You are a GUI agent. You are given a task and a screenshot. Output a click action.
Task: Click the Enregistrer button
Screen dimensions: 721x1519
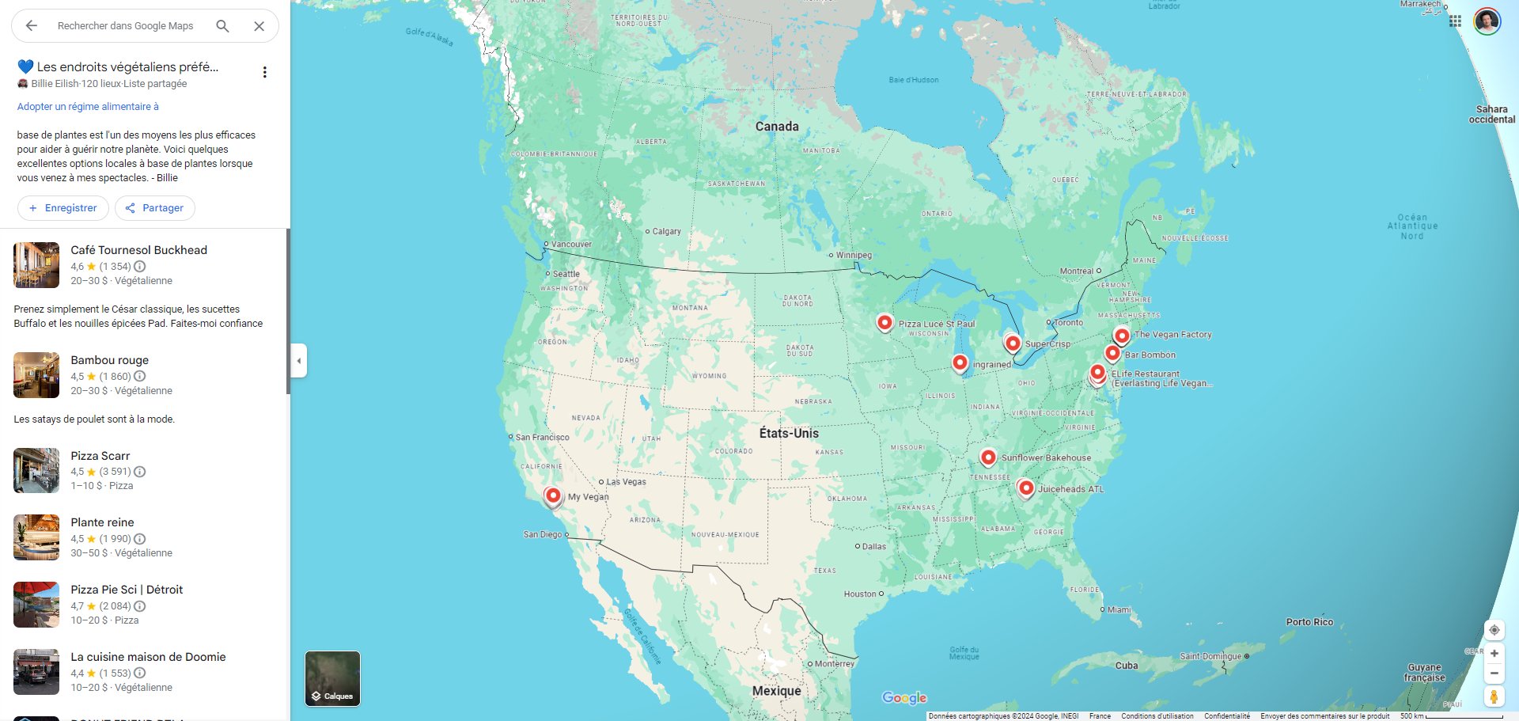coord(63,208)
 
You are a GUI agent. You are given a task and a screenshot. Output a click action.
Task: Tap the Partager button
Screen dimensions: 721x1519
coord(155,208)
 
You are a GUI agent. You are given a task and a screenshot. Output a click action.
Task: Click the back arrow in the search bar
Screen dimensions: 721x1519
coord(32,26)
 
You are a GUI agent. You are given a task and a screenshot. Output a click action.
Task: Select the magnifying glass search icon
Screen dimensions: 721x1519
coord(223,26)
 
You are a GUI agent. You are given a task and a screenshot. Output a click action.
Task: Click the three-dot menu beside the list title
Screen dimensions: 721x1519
coord(265,72)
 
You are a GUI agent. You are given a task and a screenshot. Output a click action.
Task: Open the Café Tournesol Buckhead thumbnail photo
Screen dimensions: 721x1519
coord(36,265)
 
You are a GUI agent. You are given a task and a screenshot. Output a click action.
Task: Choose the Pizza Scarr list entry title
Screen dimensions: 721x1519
coord(100,456)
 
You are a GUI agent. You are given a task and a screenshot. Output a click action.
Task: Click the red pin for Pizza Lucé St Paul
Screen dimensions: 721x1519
coord(885,322)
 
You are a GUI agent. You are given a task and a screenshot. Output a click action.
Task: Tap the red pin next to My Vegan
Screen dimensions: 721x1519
coord(553,496)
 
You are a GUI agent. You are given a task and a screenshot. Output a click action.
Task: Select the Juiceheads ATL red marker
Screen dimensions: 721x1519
coord(1026,488)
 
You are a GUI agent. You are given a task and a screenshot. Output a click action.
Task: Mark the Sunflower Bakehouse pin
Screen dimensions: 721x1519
coord(988,457)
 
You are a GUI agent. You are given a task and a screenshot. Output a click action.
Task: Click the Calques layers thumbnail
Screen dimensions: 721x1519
coord(332,678)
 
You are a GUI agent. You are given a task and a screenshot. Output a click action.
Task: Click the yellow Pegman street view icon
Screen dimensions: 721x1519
coord(1494,697)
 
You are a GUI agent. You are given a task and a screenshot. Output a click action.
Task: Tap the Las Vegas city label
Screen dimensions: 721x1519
coord(626,482)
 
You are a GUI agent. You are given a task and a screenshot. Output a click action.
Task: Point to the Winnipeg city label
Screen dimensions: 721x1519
coord(854,255)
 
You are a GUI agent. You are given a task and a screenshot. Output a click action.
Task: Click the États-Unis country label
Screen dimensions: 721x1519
coord(789,433)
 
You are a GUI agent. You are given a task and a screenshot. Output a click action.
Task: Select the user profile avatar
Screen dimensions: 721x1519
coord(1487,21)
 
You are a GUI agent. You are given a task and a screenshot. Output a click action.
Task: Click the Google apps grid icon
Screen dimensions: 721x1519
coord(1455,21)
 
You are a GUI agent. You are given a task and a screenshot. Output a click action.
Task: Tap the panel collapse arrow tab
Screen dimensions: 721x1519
coord(299,361)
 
